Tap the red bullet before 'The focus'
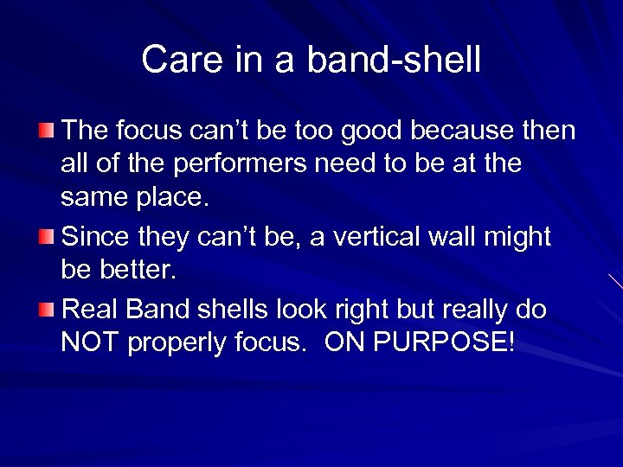[x=48, y=131]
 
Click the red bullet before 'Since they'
[x=48, y=236]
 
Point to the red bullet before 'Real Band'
[x=48, y=309]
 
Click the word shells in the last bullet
[x=244, y=309]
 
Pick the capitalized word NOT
[x=91, y=343]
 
